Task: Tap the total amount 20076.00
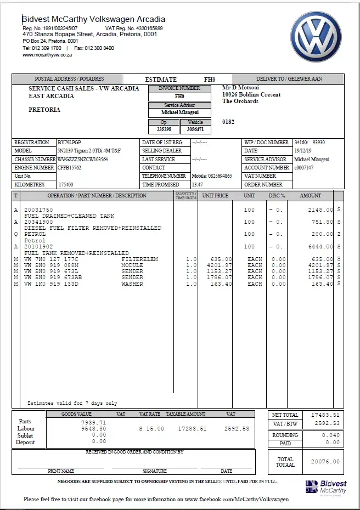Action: tap(325, 462)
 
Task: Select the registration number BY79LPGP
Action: tap(69, 143)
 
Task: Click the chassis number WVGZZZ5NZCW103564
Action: tap(83, 160)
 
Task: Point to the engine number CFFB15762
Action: tap(70, 168)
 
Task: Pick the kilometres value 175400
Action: tap(66, 185)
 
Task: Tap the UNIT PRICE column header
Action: tap(215, 196)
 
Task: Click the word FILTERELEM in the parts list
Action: tap(139, 259)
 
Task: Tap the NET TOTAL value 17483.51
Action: tap(325, 415)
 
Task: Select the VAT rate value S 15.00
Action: tap(151, 429)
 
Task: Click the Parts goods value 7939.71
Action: tap(93, 423)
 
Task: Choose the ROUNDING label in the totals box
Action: tap(285, 435)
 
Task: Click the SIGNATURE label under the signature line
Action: tap(155, 471)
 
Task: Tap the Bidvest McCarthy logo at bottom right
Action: tap(327, 487)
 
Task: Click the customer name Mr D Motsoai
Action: tap(240, 88)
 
